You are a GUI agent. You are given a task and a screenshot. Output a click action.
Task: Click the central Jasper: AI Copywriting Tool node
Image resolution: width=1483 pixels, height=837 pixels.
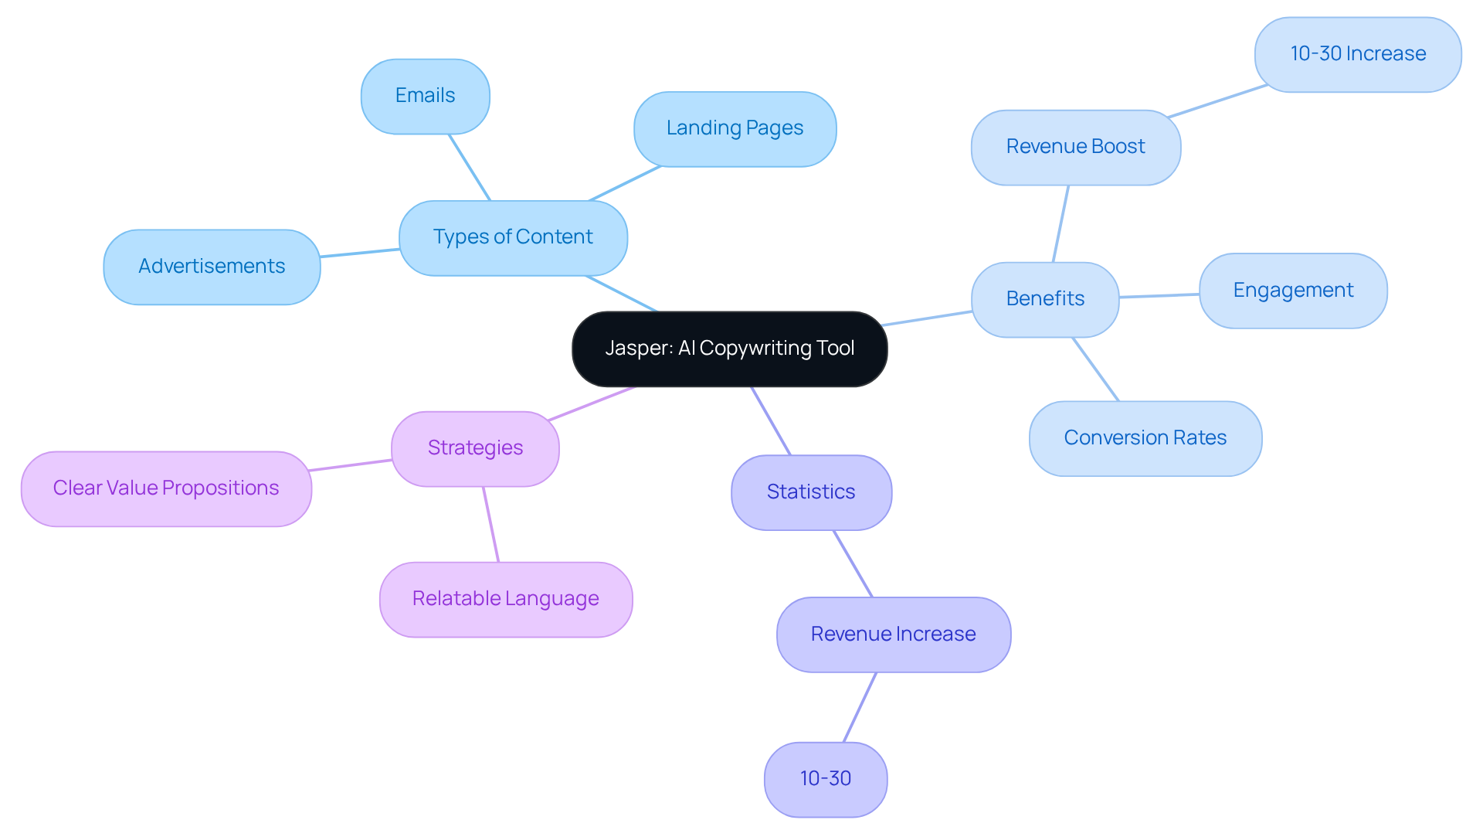click(729, 349)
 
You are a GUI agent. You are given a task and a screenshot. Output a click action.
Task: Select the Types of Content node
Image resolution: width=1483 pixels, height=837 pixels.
click(513, 237)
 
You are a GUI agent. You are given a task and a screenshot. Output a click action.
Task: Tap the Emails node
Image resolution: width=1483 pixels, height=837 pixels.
click(425, 96)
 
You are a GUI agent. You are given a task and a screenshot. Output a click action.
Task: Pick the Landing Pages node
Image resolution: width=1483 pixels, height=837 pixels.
click(735, 128)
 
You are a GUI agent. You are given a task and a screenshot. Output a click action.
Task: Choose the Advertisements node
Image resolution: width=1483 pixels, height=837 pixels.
click(212, 267)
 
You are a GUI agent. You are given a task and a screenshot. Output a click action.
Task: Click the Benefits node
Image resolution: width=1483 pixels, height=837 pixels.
click(1045, 299)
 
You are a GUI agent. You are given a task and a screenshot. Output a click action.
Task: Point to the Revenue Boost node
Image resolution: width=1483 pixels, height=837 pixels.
click(1075, 147)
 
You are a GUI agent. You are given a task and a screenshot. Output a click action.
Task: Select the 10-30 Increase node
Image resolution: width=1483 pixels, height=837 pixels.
click(1358, 54)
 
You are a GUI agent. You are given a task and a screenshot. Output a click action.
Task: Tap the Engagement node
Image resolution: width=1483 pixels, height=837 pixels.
click(1293, 291)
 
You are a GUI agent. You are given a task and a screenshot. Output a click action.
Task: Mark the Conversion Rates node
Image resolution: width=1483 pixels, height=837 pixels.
click(1145, 438)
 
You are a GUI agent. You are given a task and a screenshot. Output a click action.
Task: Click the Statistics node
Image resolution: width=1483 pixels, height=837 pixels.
click(811, 492)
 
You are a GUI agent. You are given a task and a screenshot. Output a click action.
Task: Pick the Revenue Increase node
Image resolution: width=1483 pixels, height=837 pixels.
click(893, 635)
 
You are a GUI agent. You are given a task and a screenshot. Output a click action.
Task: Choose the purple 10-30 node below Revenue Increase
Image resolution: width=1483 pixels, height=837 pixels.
click(825, 779)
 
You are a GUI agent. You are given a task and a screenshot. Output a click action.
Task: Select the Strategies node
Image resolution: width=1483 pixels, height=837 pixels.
click(475, 448)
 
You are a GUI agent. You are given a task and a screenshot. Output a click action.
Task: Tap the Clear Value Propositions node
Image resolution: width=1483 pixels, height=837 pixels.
click(166, 488)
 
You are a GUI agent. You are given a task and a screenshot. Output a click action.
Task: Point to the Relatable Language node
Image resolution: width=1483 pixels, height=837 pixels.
click(506, 599)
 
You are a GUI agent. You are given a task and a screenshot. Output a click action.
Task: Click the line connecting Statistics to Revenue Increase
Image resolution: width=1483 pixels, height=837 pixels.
click(853, 563)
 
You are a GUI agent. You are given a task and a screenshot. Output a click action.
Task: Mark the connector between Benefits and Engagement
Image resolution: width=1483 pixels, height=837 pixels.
click(1159, 295)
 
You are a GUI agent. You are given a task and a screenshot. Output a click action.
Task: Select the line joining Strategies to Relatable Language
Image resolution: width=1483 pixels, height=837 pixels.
click(491, 525)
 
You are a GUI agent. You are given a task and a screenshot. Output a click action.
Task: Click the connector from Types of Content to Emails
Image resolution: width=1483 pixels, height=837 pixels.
click(470, 168)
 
